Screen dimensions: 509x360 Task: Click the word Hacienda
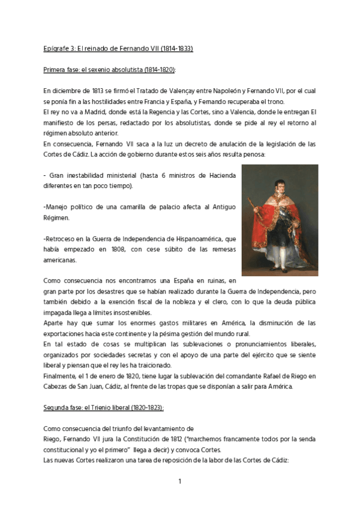(220, 175)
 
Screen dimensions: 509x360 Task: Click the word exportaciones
(68, 333)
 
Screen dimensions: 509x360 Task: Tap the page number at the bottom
(179, 481)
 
